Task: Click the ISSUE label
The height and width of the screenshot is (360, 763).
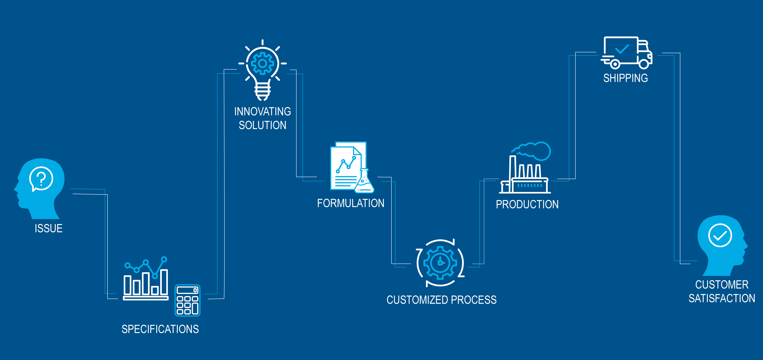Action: [49, 228]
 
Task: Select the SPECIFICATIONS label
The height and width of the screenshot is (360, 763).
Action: [160, 329]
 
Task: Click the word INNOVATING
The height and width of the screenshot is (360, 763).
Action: [262, 112]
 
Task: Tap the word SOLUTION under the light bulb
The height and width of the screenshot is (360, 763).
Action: [262, 125]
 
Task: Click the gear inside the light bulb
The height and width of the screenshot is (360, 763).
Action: [262, 63]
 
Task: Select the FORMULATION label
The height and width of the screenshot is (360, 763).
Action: [351, 203]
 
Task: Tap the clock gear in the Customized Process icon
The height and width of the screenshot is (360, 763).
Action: [440, 263]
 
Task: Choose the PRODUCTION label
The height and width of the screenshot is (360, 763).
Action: [527, 204]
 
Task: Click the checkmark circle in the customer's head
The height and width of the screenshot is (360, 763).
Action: [720, 235]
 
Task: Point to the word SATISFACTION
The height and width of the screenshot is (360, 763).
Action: [722, 298]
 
